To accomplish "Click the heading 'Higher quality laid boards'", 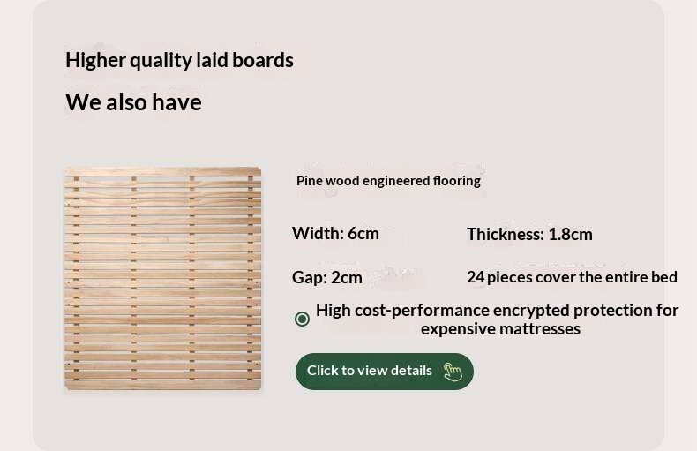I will (x=179, y=60).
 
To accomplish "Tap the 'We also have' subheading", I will (x=133, y=102).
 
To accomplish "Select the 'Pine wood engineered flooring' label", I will (x=388, y=181).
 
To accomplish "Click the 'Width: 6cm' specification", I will (x=335, y=233).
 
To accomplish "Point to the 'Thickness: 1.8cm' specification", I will (x=529, y=234).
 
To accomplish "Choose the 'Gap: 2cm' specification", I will (x=327, y=277).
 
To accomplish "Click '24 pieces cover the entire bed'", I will (x=572, y=277).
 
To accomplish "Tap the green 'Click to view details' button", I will (x=384, y=371).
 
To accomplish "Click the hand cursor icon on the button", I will (x=453, y=372).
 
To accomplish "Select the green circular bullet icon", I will (x=302, y=319).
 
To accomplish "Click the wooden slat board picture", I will (x=163, y=278).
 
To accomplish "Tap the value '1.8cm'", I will (x=570, y=234).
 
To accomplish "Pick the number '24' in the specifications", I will (x=476, y=277).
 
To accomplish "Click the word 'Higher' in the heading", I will (x=94, y=60).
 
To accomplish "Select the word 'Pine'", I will (x=309, y=181).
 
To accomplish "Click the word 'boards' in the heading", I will (x=263, y=60).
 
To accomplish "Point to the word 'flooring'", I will (x=456, y=181).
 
